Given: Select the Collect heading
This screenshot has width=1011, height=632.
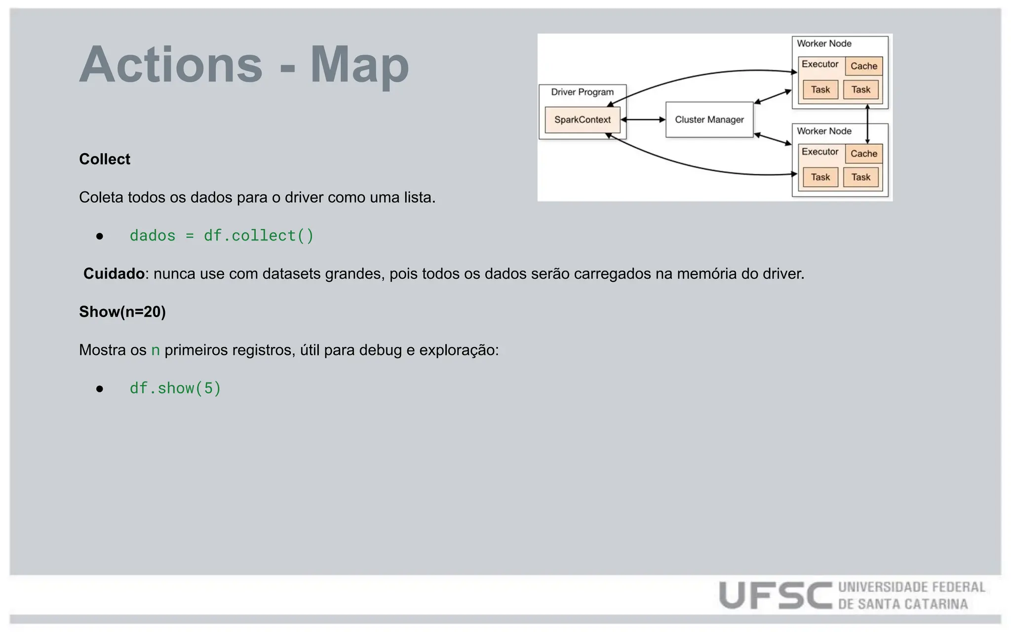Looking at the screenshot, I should [x=105, y=159].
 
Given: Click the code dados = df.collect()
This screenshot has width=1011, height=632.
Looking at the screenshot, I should [x=222, y=236].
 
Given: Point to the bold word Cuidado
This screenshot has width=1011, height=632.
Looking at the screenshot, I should [x=114, y=274].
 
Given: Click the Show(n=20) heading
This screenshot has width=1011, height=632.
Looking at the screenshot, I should [x=122, y=312].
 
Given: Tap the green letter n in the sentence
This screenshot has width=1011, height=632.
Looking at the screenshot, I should [x=156, y=350].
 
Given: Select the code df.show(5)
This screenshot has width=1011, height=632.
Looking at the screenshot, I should [x=175, y=388].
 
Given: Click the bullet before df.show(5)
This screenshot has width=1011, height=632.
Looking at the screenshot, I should [x=100, y=389].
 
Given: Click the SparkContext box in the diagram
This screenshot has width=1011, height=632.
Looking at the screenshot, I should [x=583, y=119].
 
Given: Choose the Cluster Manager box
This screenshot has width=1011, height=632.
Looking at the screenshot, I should [x=709, y=119].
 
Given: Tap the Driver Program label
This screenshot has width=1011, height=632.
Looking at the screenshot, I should [x=583, y=92].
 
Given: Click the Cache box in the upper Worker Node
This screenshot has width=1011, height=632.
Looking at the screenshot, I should [x=863, y=66].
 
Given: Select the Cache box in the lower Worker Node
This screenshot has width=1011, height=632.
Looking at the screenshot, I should [x=863, y=154].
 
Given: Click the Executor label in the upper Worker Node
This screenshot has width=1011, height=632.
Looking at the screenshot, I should [x=819, y=64].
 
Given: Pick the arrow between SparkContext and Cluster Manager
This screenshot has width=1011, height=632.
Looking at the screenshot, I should [x=643, y=119].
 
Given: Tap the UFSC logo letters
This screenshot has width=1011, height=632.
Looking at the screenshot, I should [x=775, y=595].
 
